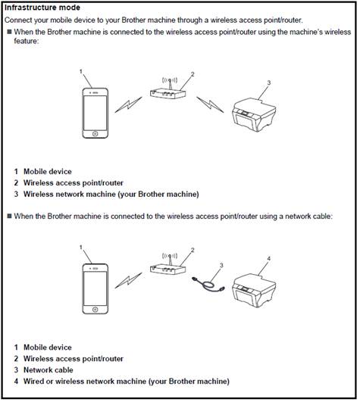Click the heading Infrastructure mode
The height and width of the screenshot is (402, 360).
click(x=42, y=8)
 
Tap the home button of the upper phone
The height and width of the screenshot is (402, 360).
click(x=95, y=133)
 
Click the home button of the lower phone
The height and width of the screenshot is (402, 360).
click(x=95, y=310)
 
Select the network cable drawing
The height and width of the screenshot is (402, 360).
click(x=208, y=285)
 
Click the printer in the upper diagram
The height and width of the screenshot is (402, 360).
click(x=254, y=114)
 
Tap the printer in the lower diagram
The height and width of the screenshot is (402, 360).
click(x=254, y=291)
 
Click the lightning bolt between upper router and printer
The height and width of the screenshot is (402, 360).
click(x=210, y=104)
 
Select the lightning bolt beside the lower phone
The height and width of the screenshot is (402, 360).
click(x=128, y=280)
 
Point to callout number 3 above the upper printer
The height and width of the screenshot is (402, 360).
click(x=268, y=83)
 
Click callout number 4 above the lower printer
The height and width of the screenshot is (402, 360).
click(x=268, y=258)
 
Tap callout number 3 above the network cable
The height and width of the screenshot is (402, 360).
click(x=221, y=265)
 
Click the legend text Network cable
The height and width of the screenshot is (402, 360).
click(x=49, y=370)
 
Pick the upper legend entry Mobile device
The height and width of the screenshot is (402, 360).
click(x=48, y=172)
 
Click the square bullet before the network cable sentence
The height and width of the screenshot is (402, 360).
click(x=10, y=216)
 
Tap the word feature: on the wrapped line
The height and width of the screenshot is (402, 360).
click(x=27, y=41)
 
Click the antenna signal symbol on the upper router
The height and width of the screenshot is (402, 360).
click(x=170, y=80)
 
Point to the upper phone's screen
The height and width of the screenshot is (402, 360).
click(x=95, y=113)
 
